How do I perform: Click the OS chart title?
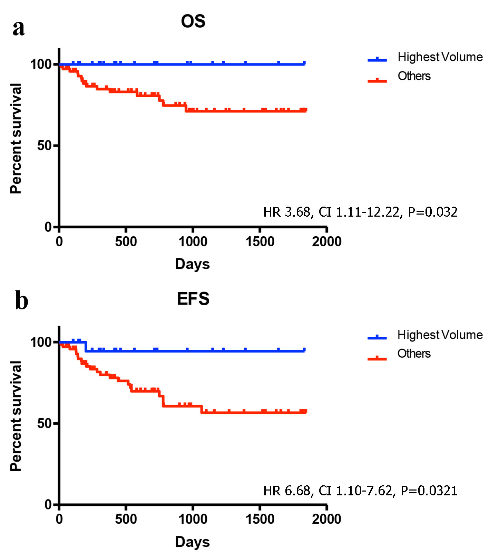coord(193,21)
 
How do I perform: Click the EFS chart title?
coord(193,299)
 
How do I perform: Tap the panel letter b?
coord(21,301)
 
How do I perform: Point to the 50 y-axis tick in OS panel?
coord(44,146)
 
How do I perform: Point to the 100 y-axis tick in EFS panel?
coord(41,342)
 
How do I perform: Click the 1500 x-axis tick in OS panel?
coord(260,242)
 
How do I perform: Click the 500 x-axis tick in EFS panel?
coord(126,519)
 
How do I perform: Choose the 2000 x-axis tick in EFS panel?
coord(326,519)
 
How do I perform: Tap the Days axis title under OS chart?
coord(192,264)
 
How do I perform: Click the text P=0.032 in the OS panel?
coord(433,212)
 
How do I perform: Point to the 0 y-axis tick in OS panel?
coord(48,227)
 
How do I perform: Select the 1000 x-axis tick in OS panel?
coord(193,242)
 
